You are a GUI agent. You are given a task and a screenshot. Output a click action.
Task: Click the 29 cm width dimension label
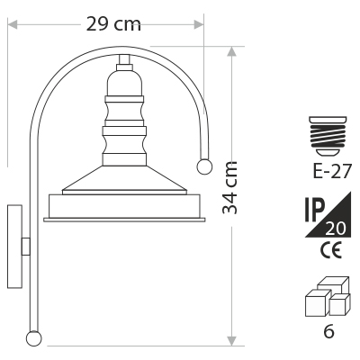[x=113, y=24]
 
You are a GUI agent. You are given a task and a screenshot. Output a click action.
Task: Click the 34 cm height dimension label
[x=230, y=188]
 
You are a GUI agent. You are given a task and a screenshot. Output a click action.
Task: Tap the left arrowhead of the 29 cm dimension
[x=12, y=25]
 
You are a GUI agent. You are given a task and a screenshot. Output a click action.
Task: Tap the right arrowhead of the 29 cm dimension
[x=199, y=25]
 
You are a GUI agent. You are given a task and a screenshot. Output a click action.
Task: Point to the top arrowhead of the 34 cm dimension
[x=231, y=51]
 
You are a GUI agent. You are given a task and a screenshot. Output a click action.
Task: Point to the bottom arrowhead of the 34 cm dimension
[x=231, y=341]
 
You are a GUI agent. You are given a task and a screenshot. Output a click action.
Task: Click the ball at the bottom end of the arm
[x=33, y=338]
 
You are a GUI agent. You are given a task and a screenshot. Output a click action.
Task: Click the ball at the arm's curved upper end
[x=204, y=166]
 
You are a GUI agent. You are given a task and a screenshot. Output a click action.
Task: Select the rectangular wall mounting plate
[x=14, y=247]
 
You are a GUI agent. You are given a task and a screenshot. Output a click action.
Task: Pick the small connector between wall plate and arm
[x=26, y=247]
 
